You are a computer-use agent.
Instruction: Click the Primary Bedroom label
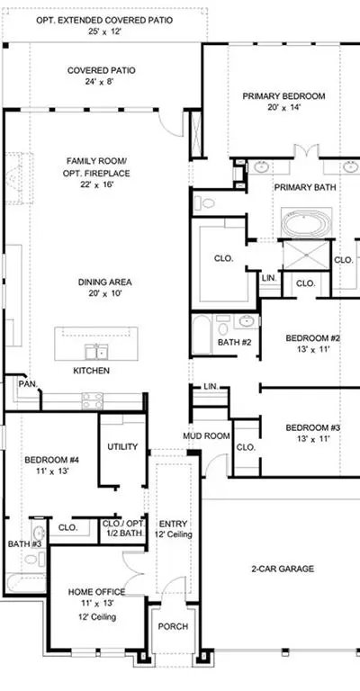283,96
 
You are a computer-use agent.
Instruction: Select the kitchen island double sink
96,353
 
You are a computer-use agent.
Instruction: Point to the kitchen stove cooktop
93,401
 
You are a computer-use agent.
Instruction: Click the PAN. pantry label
28,384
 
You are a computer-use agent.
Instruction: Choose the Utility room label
122,446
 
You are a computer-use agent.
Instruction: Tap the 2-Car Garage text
283,569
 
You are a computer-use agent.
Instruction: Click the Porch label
173,626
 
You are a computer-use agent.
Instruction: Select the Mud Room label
206,436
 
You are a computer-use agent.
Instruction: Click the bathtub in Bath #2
202,335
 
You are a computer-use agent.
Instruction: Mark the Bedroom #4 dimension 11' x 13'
51,471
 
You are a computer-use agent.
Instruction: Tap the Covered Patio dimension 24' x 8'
101,81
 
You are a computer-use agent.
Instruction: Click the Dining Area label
105,283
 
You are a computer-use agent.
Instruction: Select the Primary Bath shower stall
306,255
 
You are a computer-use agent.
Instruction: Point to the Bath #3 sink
39,532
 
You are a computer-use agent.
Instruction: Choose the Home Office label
96,592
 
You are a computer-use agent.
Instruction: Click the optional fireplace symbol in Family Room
19,177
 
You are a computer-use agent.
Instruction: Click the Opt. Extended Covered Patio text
104,21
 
